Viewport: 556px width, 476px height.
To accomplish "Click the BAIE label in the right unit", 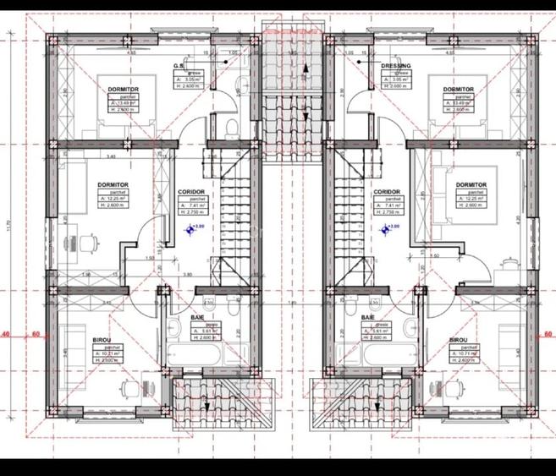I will (x=368, y=317).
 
